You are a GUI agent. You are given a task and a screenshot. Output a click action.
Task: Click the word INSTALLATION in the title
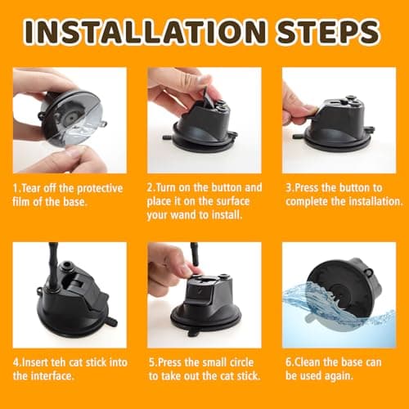click(146, 32)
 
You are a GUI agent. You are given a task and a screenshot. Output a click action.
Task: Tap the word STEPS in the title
click(328, 32)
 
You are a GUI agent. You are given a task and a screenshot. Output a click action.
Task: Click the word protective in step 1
click(100, 189)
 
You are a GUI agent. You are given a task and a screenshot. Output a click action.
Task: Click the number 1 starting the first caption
click(16, 189)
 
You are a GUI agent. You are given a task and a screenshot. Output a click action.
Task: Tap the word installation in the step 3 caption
click(375, 202)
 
